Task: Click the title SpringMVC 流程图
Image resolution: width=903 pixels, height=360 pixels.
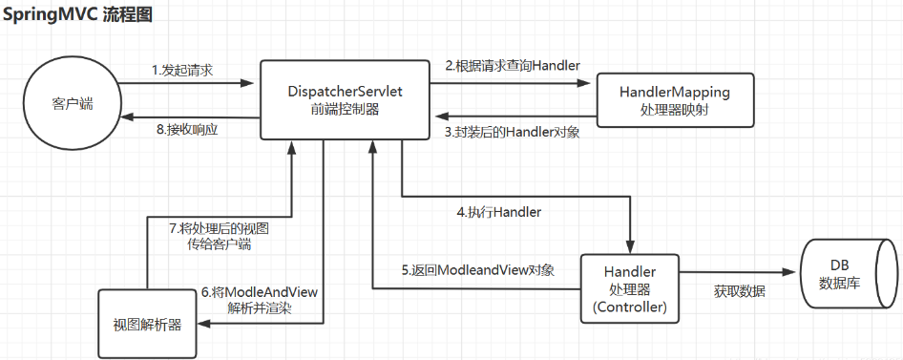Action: [x=78, y=16]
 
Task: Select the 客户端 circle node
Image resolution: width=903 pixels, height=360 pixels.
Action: [x=73, y=100]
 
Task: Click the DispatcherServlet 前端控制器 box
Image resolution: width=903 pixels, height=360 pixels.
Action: [x=345, y=100]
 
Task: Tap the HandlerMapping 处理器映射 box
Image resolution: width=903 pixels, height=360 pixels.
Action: [x=675, y=100]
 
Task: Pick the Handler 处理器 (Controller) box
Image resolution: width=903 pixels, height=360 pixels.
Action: [x=630, y=287]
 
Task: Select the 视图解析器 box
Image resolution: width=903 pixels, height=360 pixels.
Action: [x=147, y=323]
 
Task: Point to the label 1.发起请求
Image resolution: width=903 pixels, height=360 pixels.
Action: [x=182, y=71]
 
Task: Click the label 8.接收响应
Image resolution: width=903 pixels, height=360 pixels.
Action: [x=186, y=130]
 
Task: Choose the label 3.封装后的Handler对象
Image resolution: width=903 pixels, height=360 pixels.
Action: [x=512, y=133]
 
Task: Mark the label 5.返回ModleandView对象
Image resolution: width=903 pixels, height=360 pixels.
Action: [x=477, y=270]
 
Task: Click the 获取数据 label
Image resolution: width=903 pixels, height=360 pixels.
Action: [x=739, y=290]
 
